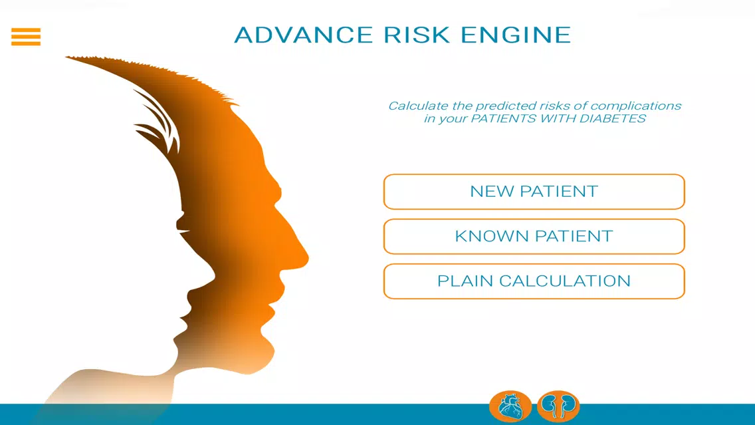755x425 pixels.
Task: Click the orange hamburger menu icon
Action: tap(26, 37)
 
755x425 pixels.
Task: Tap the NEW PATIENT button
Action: tap(534, 192)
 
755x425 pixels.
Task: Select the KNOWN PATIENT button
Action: tap(534, 237)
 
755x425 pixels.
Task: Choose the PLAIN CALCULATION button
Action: tap(534, 281)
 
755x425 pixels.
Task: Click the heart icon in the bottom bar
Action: tap(510, 406)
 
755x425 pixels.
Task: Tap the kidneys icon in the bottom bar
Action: tap(558, 406)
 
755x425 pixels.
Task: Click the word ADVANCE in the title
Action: tap(303, 35)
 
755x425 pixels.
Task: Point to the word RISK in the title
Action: tap(417, 35)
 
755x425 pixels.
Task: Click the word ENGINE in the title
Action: tap(516, 35)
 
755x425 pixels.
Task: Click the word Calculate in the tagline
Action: tap(419, 106)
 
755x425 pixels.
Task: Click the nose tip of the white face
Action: tap(213, 277)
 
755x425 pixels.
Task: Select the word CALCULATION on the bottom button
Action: tap(565, 281)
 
